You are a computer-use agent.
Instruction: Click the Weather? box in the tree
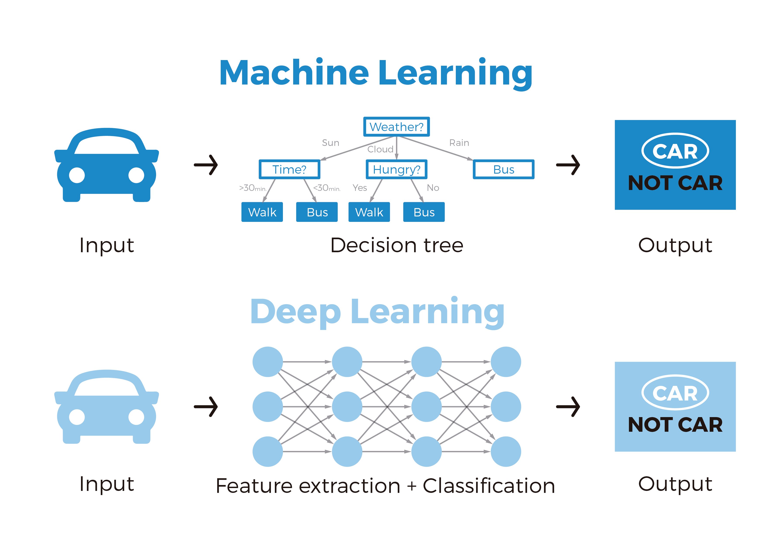click(x=396, y=127)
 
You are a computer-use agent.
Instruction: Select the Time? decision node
click(x=289, y=169)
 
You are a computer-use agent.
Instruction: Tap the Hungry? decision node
click(x=396, y=169)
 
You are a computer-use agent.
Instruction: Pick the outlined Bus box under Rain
click(x=503, y=169)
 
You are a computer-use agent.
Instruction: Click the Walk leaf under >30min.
click(x=262, y=212)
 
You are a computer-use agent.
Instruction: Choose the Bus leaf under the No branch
click(x=424, y=212)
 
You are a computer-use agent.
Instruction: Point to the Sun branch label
click(x=330, y=143)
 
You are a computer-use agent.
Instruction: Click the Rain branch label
click(x=459, y=143)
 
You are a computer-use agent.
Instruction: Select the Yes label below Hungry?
click(x=360, y=188)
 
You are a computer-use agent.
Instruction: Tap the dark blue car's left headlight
click(x=77, y=175)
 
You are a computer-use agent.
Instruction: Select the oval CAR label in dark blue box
click(x=675, y=151)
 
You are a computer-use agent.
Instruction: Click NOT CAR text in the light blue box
click(x=675, y=425)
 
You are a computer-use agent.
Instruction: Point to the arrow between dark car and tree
click(x=206, y=165)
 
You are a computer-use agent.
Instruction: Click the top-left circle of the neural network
click(x=268, y=362)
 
